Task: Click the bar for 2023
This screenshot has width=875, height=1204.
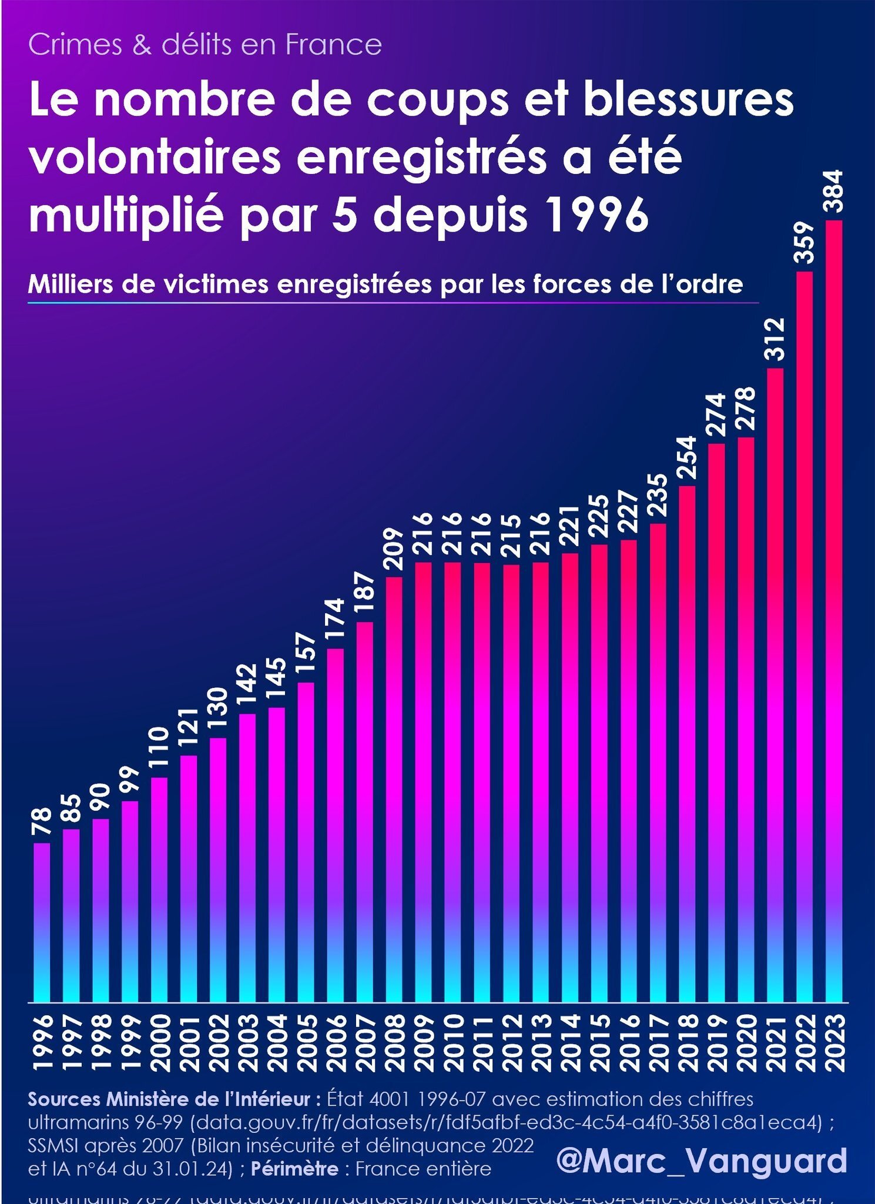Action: point(834,611)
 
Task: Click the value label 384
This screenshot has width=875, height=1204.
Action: point(834,192)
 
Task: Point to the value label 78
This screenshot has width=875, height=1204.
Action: point(42,822)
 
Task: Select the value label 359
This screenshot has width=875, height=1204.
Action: point(804,242)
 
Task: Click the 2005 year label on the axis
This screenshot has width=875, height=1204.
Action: point(306,1042)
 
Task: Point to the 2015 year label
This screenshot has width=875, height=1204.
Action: point(599,1042)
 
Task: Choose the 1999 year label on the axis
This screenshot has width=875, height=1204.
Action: point(130,1042)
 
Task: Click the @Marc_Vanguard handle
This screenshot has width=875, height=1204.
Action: point(702,1160)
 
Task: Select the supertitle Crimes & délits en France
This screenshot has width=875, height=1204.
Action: point(204,45)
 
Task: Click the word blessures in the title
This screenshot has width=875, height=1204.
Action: point(688,100)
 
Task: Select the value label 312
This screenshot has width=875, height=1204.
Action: point(775,339)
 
